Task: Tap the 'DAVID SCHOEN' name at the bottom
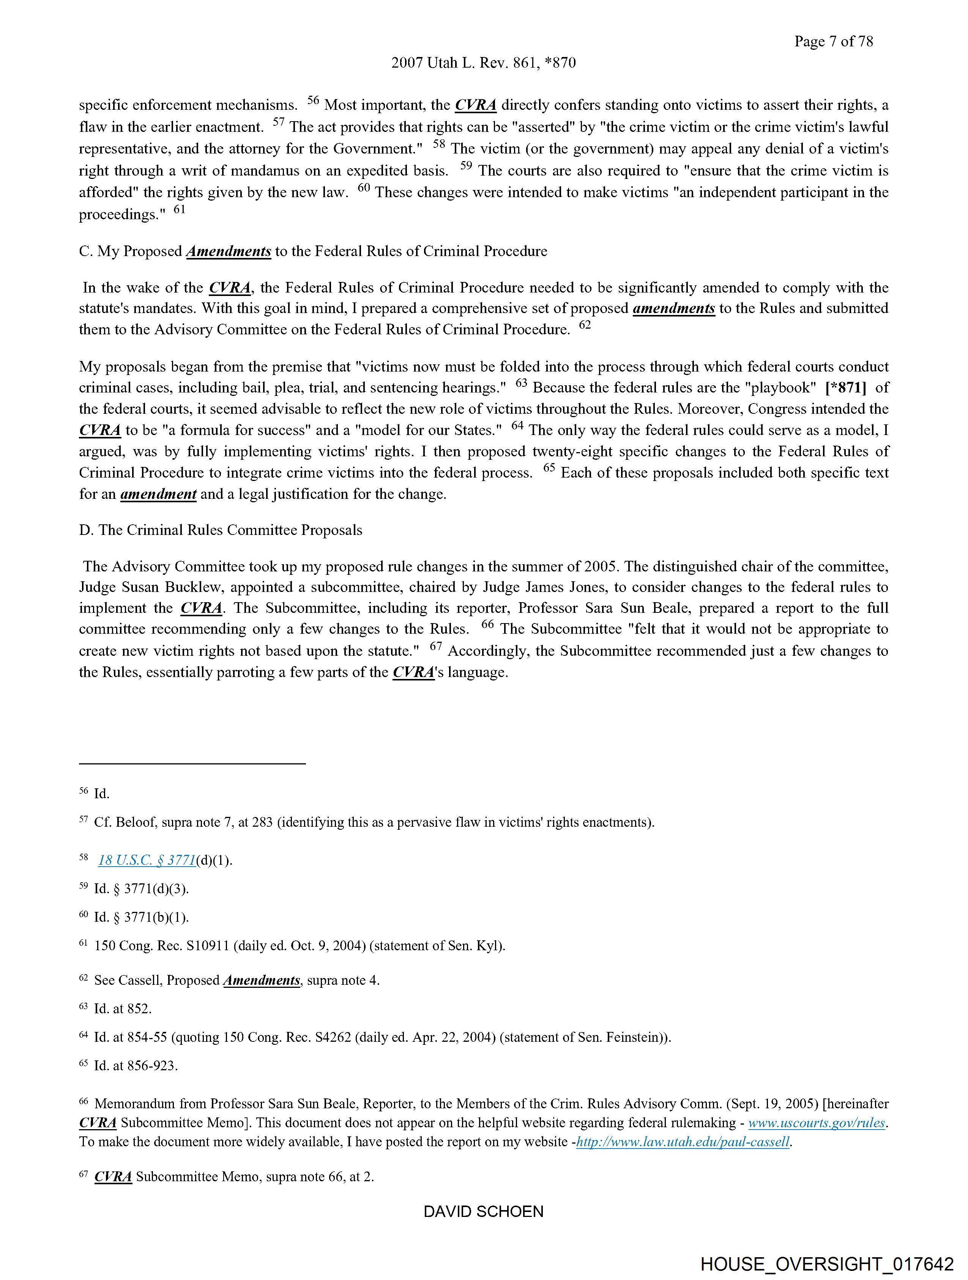point(483,1211)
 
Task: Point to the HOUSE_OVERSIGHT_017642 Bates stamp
point(826,1264)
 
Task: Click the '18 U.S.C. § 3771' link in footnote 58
point(147,861)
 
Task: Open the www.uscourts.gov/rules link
point(817,1123)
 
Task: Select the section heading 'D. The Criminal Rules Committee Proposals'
point(221,530)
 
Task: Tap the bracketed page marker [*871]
point(845,388)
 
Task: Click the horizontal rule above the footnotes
point(192,764)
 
